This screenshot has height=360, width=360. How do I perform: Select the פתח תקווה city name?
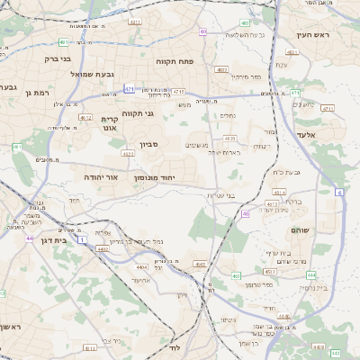(x=175, y=61)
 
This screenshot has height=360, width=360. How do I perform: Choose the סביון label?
(x=149, y=143)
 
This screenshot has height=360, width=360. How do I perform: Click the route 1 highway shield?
(x=84, y=239)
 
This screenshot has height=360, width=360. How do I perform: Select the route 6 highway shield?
(x=339, y=193)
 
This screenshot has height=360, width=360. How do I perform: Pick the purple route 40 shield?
(x=203, y=31)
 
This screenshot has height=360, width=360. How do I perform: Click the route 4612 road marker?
(x=85, y=117)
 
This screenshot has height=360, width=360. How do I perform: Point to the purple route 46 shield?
(x=246, y=214)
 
